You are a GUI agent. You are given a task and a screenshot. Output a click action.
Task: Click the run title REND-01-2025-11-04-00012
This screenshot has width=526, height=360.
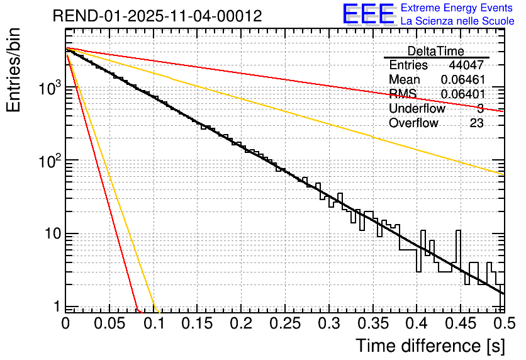click(157, 16)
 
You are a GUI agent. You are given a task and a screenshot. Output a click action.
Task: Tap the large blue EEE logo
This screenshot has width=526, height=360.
click(369, 14)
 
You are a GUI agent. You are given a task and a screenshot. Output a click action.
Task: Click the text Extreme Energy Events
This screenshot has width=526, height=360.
click(457, 8)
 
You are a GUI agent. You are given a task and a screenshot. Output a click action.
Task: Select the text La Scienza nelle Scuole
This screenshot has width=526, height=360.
click(457, 21)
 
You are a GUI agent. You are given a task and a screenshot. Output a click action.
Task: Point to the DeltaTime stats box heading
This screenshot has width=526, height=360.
click(436, 51)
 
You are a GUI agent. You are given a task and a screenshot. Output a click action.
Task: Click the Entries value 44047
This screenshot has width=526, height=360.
click(466, 65)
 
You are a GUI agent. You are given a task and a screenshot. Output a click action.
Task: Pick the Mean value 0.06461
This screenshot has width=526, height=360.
click(462, 80)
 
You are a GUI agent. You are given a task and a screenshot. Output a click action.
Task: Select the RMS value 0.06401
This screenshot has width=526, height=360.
click(462, 94)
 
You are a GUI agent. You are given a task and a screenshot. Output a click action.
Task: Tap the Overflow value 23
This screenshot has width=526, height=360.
click(476, 123)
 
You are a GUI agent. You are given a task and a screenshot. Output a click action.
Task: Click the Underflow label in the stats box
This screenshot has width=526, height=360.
click(417, 109)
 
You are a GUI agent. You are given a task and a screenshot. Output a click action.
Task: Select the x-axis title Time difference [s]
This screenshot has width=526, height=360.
click(429, 346)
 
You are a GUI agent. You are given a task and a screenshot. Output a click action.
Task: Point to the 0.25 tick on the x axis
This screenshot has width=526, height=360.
click(284, 323)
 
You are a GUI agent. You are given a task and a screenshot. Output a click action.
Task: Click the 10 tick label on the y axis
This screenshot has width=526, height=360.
click(50, 234)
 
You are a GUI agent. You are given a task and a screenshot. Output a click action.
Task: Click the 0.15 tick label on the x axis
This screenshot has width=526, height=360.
click(197, 323)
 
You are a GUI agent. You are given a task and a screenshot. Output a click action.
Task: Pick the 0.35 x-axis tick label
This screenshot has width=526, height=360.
click(372, 323)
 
